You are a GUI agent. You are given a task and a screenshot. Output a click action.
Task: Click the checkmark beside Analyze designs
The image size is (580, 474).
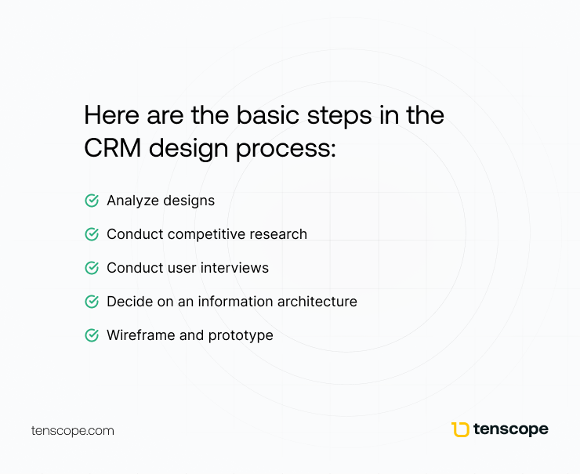pyautogui.click(x=91, y=201)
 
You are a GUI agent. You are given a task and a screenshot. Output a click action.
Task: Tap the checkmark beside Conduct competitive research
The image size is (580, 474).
pyautogui.click(x=91, y=234)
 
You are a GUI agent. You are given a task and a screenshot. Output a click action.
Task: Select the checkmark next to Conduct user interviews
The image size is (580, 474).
pyautogui.click(x=91, y=268)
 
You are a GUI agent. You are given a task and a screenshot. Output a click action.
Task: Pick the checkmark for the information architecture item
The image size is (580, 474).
pyautogui.click(x=91, y=302)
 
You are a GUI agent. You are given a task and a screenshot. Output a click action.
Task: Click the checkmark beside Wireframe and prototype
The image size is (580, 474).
pyautogui.click(x=91, y=335)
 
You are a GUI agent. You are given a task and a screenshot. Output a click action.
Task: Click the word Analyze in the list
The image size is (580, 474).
pyautogui.click(x=132, y=201)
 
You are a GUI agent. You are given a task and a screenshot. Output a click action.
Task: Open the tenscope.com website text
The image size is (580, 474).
pyautogui.click(x=73, y=431)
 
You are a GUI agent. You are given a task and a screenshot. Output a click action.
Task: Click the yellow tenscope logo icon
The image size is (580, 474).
pyautogui.click(x=460, y=429)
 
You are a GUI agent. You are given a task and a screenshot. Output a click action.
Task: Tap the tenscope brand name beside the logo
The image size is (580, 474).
pyautogui.click(x=512, y=429)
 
